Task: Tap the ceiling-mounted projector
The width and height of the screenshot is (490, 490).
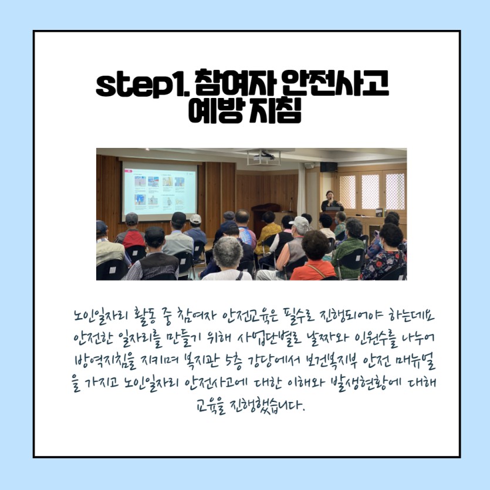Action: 264,157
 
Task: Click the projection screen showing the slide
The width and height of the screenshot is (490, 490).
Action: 160,191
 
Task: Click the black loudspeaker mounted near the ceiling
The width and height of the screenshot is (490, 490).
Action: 329,167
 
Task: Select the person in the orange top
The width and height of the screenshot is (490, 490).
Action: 313,256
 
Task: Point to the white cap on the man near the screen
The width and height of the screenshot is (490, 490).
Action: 195,218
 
